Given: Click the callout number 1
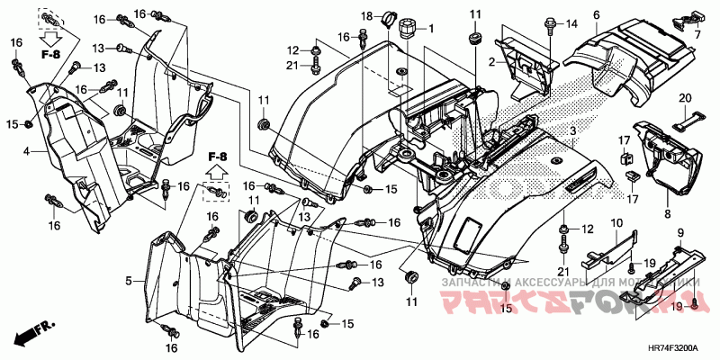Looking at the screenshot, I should [x=430, y=30].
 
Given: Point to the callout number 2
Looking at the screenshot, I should [x=493, y=61].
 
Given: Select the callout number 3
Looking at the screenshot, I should [x=572, y=132].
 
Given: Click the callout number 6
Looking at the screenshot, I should [x=596, y=15].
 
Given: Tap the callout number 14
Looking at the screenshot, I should [x=571, y=23].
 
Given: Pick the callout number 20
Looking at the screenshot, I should [x=684, y=97].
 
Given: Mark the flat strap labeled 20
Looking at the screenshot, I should [x=684, y=115].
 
